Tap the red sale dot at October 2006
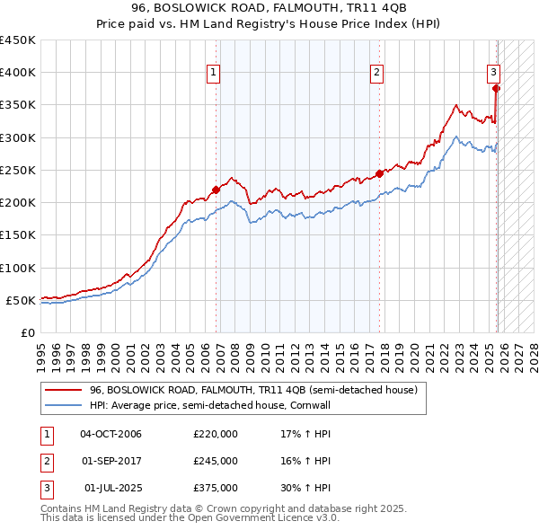216,190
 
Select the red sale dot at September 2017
379,173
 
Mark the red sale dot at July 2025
496,88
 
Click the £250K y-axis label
18,170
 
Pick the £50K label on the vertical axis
22,300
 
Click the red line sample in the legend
63,391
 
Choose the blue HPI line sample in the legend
63,406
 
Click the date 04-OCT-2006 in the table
110,434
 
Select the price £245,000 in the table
216,461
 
